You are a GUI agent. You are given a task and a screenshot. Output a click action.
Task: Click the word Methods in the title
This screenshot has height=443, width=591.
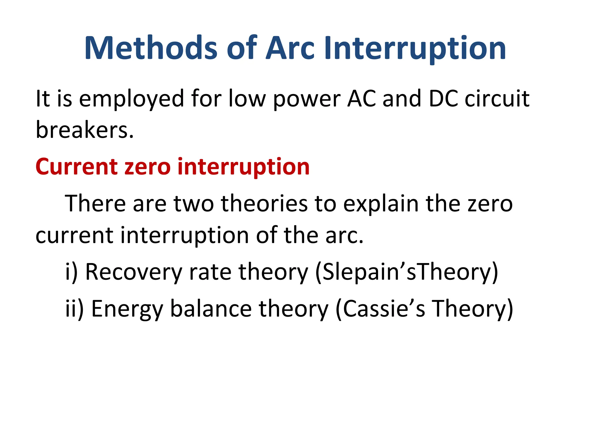151,48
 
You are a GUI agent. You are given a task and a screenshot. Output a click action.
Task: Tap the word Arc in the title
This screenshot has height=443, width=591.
290,48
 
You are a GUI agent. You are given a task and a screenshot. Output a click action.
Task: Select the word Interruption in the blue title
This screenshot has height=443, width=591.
415,48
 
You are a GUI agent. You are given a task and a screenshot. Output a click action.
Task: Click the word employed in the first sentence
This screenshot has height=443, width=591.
132,99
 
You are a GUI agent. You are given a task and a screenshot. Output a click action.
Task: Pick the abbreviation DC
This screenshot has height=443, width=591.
443,99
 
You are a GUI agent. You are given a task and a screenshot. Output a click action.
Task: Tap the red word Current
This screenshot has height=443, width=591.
76,167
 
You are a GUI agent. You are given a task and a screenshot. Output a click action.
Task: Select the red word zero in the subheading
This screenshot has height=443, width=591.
147,167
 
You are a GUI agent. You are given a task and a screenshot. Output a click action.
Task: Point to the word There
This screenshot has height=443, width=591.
95,204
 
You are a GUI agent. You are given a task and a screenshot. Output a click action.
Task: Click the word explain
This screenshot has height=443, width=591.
381,204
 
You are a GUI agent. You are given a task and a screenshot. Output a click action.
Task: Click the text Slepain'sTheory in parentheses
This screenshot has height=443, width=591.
407,272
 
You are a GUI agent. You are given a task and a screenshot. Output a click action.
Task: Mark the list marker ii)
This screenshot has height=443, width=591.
74,309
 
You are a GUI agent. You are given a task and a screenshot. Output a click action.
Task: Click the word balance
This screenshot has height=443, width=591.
211,309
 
